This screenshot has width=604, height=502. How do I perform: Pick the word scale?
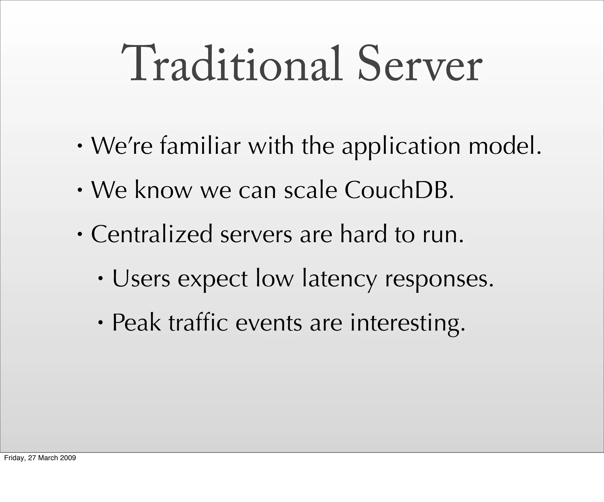click(311, 190)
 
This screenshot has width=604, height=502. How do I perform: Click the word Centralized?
click(152, 234)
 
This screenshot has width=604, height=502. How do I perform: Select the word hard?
click(363, 234)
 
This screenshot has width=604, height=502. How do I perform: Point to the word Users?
click(141, 278)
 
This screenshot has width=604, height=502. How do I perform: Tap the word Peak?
click(137, 322)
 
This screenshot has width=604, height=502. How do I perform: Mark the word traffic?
click(198, 322)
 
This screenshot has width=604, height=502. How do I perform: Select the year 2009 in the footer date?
click(69, 458)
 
